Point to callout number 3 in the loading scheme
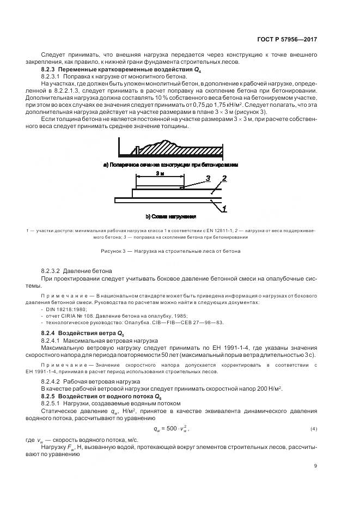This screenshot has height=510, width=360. click(x=208, y=178)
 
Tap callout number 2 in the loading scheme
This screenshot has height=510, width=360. click(x=224, y=178)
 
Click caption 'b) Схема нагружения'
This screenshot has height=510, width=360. click(x=180, y=216)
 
